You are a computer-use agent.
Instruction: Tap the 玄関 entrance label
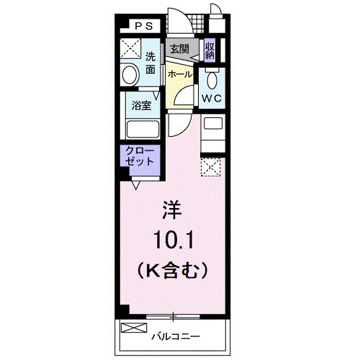click(179, 49)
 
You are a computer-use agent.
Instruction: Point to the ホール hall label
click(179, 73)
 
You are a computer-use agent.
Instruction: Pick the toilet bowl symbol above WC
click(212, 78)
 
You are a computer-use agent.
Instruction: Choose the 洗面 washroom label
click(150, 63)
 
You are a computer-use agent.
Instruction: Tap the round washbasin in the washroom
click(130, 74)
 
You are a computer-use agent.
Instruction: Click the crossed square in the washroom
click(130, 49)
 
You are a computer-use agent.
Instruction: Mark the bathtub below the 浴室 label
click(141, 130)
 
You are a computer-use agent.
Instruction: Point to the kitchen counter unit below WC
click(212, 133)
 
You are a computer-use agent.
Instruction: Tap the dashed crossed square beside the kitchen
click(212, 167)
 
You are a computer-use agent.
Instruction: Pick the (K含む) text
click(173, 270)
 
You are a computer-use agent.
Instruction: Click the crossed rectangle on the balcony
click(133, 329)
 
